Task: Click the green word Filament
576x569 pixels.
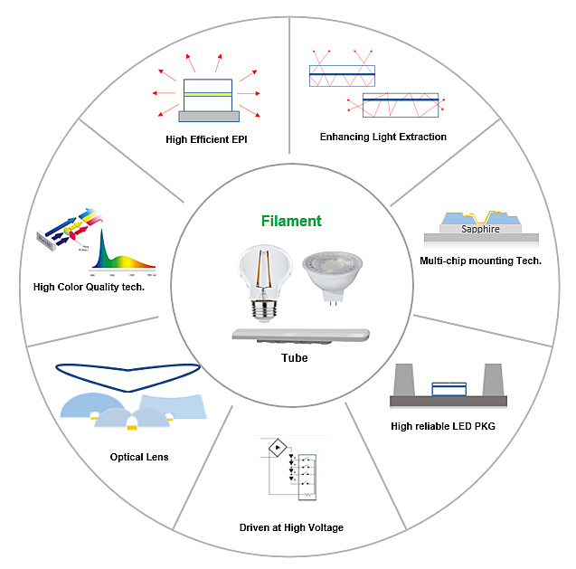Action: pos(291,222)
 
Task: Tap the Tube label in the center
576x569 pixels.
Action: pos(293,358)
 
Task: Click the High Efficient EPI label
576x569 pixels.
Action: pos(206,139)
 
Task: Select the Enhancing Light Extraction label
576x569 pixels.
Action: pos(383,138)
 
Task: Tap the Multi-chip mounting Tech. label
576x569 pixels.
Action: pos(480,261)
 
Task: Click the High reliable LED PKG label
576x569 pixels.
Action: pos(444,426)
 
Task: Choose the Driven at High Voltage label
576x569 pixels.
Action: pos(291,527)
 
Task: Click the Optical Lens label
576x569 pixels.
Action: pos(139,457)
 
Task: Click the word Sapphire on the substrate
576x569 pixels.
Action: pos(480,229)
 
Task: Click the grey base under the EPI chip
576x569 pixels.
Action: pos(208,116)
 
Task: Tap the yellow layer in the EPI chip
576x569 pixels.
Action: pos(208,95)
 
